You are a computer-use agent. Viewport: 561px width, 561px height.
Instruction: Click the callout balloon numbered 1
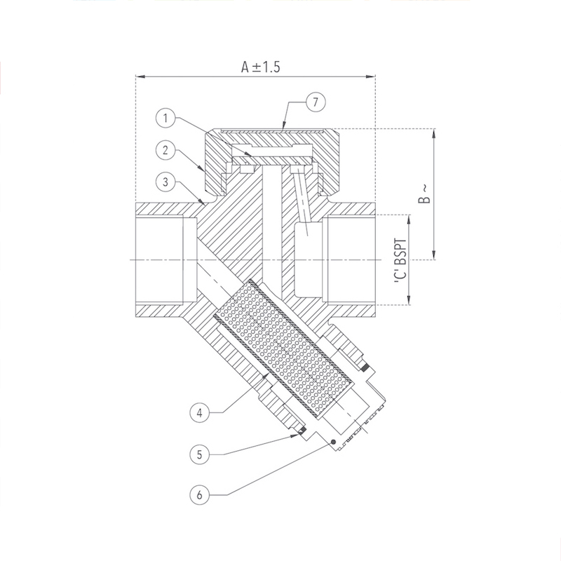click(x=165, y=118)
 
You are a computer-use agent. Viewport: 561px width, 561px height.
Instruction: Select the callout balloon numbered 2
click(x=165, y=150)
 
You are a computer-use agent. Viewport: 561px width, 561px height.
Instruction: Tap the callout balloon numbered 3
click(x=165, y=182)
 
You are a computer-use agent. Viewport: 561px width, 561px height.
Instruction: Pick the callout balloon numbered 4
click(x=199, y=412)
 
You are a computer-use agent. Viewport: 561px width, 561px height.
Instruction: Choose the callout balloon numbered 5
click(x=199, y=454)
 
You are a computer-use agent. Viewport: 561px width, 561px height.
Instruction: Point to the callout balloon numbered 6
click(x=199, y=495)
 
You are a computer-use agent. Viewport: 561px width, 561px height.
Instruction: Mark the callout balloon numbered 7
click(x=315, y=102)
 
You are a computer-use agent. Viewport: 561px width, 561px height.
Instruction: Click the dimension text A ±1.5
click(x=260, y=67)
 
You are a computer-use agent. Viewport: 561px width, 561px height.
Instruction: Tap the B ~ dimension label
click(x=424, y=194)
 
